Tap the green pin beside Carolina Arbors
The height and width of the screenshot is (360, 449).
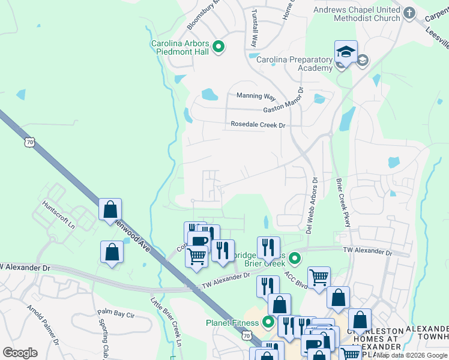click(219, 47)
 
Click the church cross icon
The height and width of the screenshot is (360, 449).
click(409, 13)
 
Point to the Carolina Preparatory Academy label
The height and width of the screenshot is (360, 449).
click(294, 64)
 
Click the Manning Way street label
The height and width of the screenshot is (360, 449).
click(256, 96)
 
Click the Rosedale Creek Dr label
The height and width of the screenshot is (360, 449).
click(258, 125)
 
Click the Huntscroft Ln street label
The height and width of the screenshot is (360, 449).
click(58, 214)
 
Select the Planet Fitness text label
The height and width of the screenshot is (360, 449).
click(232, 323)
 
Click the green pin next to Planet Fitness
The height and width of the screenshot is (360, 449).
click(268, 323)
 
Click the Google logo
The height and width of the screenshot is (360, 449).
click(20, 353)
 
